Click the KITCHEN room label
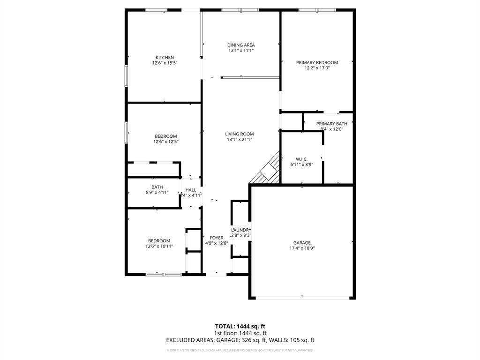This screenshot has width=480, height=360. [165, 58]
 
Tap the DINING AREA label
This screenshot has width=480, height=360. [241, 45]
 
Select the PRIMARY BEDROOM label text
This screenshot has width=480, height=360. [317, 62]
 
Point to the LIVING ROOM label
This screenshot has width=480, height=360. [240, 134]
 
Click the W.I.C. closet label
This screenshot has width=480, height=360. [301, 159]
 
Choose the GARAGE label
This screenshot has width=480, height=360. [302, 243]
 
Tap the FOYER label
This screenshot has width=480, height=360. [217, 238]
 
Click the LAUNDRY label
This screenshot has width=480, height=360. [241, 230]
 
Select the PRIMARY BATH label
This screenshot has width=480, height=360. [332, 124]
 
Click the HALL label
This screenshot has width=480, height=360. [191, 190]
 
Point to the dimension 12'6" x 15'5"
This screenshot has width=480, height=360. [165, 63]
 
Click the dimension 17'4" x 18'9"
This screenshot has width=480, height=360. [302, 248]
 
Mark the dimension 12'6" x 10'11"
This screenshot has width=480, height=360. [159, 246]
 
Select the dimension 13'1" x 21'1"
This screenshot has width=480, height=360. [240, 139]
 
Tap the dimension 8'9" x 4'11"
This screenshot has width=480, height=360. [157, 192]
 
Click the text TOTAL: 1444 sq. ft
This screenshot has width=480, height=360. [240, 326]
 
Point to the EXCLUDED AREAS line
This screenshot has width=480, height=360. [240, 340]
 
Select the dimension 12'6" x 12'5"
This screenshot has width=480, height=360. [165, 142]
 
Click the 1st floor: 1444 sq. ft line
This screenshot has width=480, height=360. [240, 333]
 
